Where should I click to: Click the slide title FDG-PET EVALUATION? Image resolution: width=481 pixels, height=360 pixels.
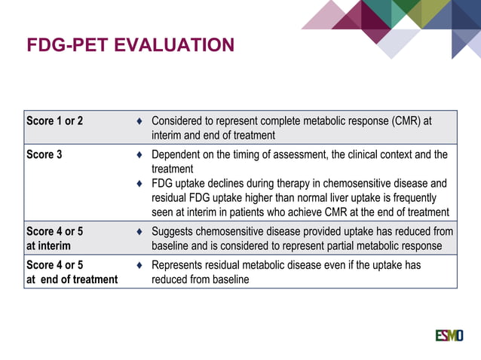pos(130,46)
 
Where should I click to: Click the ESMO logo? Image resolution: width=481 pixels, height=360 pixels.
pos(449,334)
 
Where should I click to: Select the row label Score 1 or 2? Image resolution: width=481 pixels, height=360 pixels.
pos(55,121)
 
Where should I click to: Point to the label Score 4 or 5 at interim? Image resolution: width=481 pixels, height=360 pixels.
pos(55,239)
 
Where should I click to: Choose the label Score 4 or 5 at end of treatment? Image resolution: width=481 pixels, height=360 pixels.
pos(72,272)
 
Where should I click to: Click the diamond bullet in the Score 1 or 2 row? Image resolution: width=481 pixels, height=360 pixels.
pos(139,121)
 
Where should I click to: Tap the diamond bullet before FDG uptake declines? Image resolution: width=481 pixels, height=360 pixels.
pos(139,184)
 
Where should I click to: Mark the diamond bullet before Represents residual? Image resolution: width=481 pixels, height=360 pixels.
pos(139,266)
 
